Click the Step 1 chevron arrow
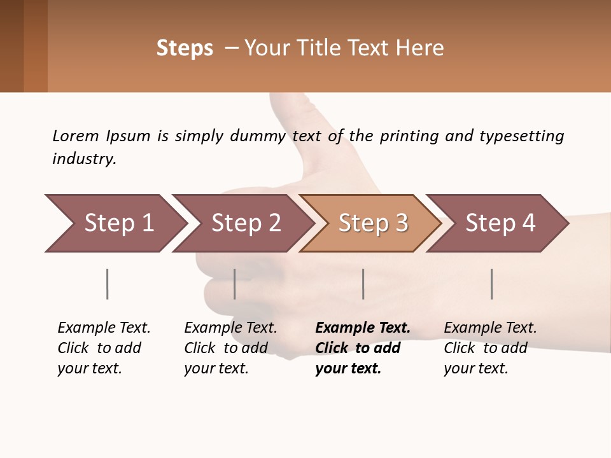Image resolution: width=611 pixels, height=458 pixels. pyautogui.click(x=115, y=223)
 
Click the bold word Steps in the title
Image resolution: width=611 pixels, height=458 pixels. pyautogui.click(x=185, y=48)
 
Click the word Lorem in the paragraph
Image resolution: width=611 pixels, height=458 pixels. pyautogui.click(x=76, y=135)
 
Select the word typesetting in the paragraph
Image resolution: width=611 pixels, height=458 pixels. pyautogui.click(x=521, y=136)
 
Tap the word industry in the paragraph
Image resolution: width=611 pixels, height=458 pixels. pyautogui.click(x=84, y=159)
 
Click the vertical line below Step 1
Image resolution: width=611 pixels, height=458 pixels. pyautogui.click(x=108, y=284)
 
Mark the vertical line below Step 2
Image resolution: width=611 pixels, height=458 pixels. pyautogui.click(x=235, y=284)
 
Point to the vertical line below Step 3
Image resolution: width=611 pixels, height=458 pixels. pyautogui.click(x=363, y=284)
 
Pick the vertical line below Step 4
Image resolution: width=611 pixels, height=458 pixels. pyautogui.click(x=492, y=284)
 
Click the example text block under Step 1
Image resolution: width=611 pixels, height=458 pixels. pyautogui.click(x=104, y=348)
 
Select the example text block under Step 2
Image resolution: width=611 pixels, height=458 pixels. pyautogui.click(x=230, y=348)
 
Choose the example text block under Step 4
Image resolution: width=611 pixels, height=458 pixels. pyautogui.click(x=490, y=348)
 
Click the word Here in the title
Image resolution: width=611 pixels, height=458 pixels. pyautogui.click(x=419, y=48)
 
